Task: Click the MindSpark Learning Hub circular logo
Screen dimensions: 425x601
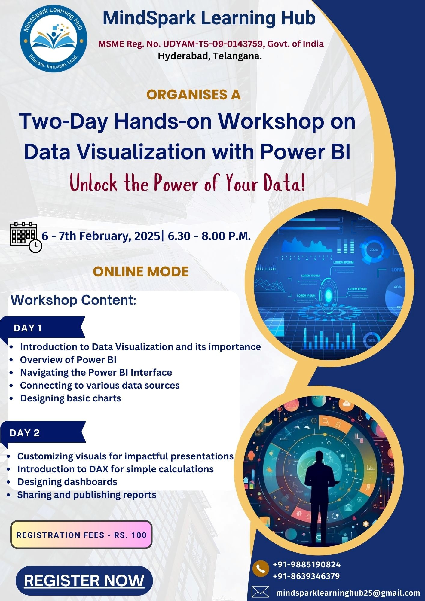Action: pyautogui.click(x=54, y=38)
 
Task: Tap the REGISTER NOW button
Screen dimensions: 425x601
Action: pyautogui.click(x=84, y=581)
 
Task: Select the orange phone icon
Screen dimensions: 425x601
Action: pyautogui.click(x=261, y=569)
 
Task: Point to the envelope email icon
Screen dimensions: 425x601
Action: pyautogui.click(x=260, y=592)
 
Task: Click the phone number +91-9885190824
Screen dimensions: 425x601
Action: pyautogui.click(x=307, y=565)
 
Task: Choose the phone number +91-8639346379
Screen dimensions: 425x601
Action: pyautogui.click(x=306, y=576)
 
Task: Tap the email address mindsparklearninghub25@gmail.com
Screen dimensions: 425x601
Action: pyautogui.click(x=348, y=593)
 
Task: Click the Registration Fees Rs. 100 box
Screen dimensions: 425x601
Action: pyautogui.click(x=81, y=535)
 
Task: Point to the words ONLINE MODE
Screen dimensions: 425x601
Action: pyautogui.click(x=141, y=272)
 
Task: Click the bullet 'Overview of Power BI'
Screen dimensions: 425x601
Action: pyautogui.click(x=68, y=360)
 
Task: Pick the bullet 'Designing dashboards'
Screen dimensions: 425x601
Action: pyautogui.click(x=67, y=482)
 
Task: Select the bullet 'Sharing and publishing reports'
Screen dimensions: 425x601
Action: pyautogui.click(x=87, y=495)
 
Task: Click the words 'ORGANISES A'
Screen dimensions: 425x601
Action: pyautogui.click(x=194, y=95)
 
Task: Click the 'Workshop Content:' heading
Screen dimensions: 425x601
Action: pyautogui.click(x=74, y=300)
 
